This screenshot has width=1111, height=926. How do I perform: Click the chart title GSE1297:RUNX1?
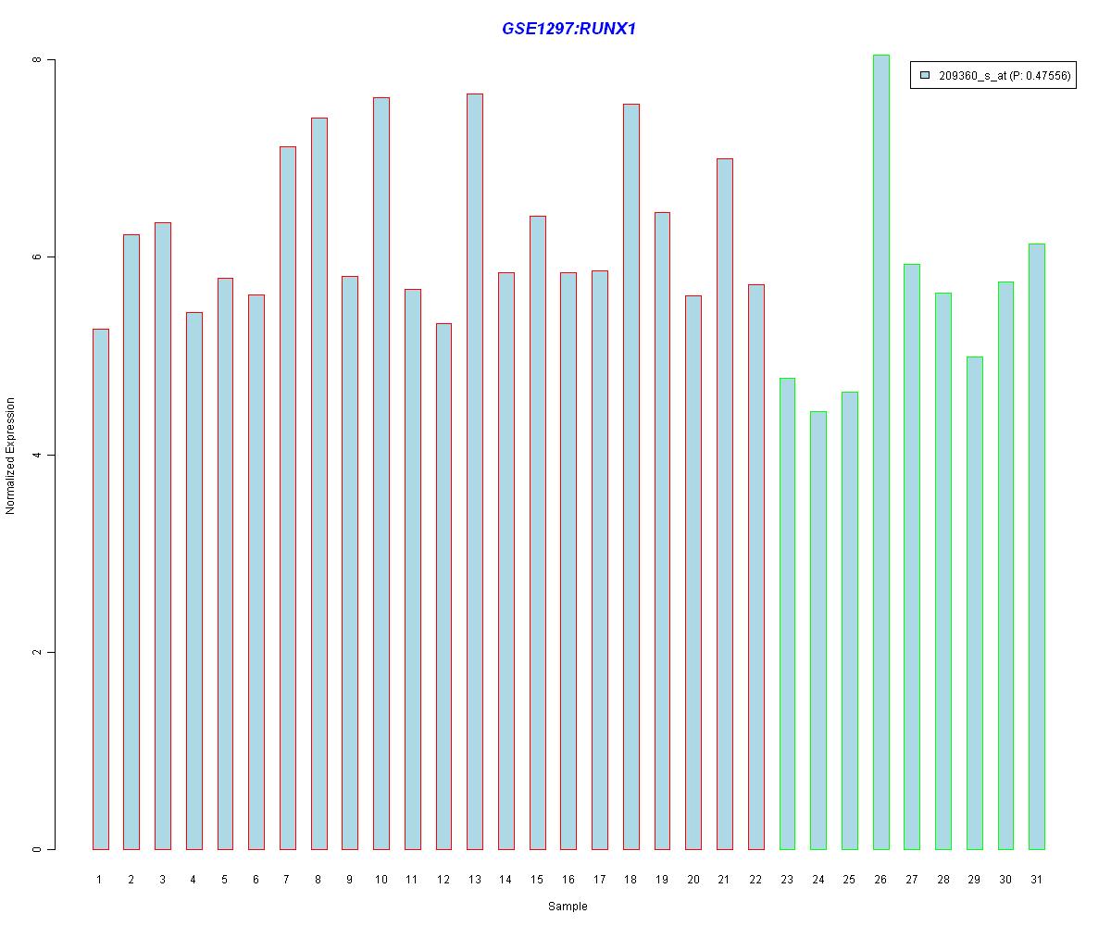click(568, 29)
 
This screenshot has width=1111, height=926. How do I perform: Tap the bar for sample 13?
click(475, 471)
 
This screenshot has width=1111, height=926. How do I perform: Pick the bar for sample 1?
click(101, 589)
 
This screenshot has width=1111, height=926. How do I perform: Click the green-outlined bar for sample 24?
click(818, 630)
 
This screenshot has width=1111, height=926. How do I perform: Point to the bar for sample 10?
click(381, 473)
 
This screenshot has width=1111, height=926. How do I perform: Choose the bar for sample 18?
click(630, 476)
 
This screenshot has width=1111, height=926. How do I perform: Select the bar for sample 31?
click(1036, 546)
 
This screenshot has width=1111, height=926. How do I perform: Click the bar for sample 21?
click(724, 504)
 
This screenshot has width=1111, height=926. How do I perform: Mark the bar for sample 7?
click(288, 497)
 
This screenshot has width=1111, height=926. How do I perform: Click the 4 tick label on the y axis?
click(38, 455)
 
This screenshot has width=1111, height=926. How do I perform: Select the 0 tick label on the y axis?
click(38, 849)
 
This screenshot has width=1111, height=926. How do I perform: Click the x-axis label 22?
click(755, 879)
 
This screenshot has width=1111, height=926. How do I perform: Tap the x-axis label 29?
click(974, 879)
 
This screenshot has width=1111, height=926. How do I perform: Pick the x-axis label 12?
click(443, 879)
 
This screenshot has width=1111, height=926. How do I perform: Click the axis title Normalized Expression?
click(11, 456)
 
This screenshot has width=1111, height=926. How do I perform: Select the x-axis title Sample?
click(568, 907)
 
